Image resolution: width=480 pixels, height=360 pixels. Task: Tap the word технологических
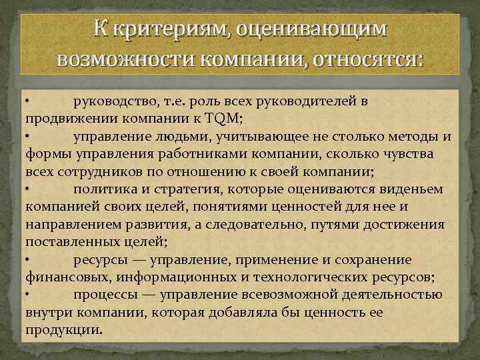[303, 277]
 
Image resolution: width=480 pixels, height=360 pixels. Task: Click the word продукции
[63, 329]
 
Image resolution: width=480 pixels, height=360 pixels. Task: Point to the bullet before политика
[28, 189]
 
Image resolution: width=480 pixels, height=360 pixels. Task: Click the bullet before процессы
[28, 294]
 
